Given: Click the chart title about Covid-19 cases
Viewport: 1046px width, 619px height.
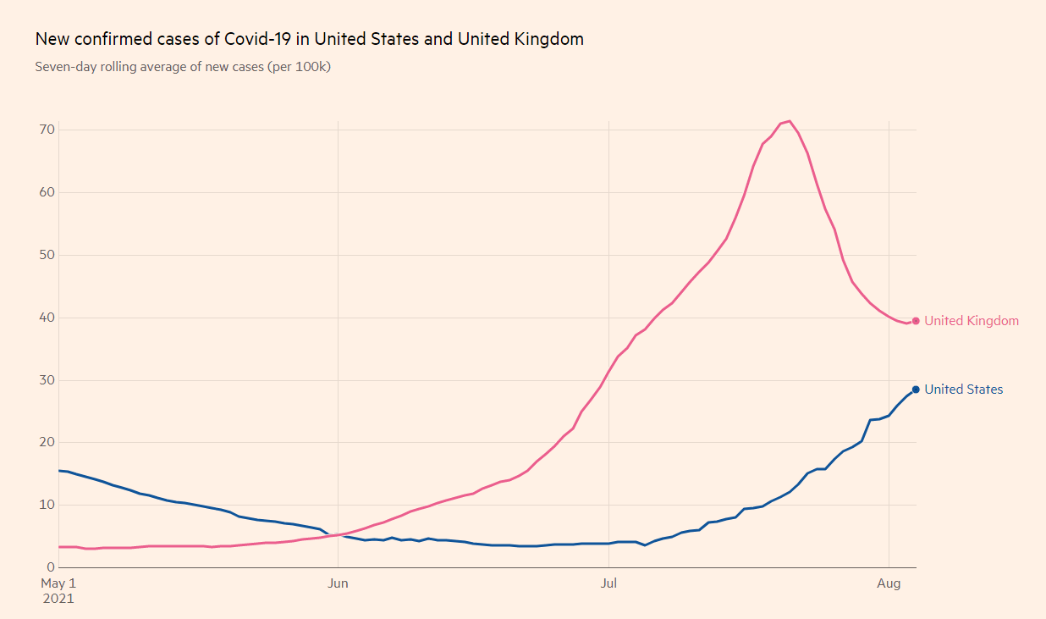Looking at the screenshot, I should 309,39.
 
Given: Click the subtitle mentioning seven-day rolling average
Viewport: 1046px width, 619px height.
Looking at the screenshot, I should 183,66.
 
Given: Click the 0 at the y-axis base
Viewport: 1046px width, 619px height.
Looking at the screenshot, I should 50,567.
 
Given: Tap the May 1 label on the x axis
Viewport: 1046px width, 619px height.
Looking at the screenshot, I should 58,583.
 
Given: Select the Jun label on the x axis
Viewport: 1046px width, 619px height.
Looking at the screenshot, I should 338,583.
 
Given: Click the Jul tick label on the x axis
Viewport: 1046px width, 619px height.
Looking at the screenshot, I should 608,583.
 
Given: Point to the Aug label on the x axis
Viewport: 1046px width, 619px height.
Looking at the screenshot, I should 889,583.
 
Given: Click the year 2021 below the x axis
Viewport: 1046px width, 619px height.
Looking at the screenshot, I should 58,599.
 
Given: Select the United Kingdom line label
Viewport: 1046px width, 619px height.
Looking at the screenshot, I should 972,321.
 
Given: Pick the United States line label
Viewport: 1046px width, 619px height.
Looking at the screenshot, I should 963,390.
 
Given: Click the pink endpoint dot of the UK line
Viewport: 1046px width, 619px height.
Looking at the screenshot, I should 916,321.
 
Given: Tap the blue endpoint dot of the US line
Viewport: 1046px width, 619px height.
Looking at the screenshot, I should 916,390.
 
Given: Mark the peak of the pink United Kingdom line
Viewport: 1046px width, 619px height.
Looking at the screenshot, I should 790,120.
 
